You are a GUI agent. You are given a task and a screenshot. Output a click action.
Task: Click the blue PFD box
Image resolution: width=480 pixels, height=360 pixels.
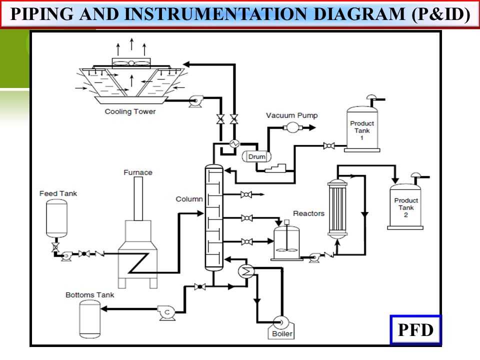coord(415,330)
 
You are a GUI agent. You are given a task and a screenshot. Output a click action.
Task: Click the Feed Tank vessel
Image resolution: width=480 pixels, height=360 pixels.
coord(56,218)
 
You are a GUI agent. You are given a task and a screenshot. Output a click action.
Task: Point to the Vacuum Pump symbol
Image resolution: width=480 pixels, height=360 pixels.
coord(290,127)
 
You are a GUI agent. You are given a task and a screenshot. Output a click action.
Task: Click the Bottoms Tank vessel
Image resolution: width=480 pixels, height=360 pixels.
coord(90,319)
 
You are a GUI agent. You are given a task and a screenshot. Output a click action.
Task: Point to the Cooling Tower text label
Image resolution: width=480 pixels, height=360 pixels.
coord(130,111)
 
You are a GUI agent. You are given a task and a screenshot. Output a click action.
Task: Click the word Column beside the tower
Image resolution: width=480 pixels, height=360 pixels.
coord(189,199)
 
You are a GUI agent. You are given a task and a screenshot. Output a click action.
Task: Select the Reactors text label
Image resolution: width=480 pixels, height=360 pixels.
coord(308,213)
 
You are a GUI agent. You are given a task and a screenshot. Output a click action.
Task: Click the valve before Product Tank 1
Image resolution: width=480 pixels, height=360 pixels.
coord(328,145)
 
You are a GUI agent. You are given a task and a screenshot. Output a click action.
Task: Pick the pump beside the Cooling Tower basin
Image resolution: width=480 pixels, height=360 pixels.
coord(193,102)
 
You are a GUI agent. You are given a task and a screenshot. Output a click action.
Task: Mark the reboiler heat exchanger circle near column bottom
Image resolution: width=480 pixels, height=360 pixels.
coord(245,270)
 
